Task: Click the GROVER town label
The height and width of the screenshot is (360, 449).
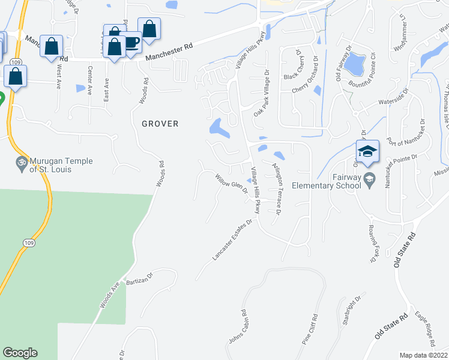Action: pos(160,124)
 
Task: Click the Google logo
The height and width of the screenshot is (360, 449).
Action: pos(20,353)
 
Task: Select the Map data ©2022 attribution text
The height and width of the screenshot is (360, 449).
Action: pos(424,355)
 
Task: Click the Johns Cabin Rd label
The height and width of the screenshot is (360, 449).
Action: pos(237,328)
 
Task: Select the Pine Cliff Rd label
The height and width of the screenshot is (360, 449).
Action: pos(310,328)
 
